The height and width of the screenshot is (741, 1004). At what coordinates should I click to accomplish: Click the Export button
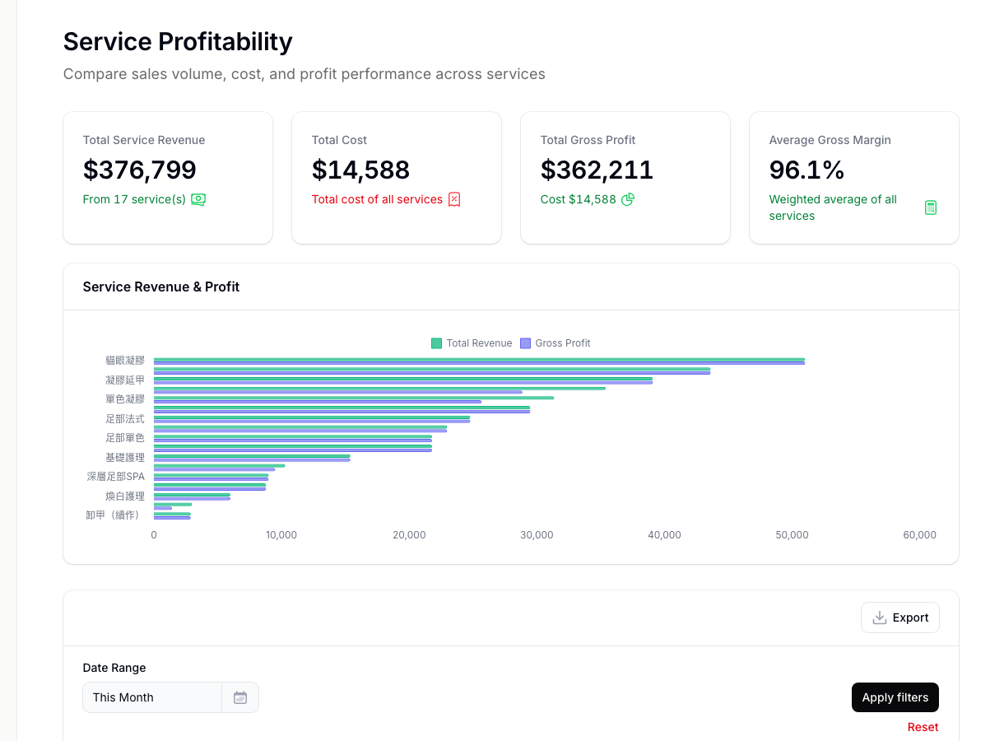pos(899,617)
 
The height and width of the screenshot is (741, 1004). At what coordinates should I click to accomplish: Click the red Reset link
pos(923,727)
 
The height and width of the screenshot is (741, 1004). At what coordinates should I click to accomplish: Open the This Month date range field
pos(152,697)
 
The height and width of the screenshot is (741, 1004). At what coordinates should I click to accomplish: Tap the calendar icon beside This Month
pos(240,697)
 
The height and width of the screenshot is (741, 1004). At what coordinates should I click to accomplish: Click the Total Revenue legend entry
pos(472,343)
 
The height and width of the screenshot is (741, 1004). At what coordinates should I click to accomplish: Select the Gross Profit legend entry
pos(555,343)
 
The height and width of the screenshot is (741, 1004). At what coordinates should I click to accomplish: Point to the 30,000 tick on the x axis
pos(537,535)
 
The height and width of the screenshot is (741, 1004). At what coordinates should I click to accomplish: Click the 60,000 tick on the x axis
pos(919,535)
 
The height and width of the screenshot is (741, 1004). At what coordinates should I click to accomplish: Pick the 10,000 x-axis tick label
pos(281,535)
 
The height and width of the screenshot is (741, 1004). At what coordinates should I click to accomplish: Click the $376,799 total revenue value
pos(140,170)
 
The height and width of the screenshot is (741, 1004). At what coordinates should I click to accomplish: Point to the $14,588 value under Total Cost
pos(360,170)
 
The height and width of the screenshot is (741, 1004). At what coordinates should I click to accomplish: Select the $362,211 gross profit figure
pos(597,170)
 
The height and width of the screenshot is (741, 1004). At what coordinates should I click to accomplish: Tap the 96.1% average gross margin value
pos(806,170)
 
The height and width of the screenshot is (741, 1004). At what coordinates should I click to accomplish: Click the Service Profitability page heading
pos(178,41)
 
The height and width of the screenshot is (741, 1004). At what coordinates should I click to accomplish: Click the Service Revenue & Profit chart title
pos(161,287)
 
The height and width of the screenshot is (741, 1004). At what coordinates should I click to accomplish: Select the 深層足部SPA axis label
pos(115,477)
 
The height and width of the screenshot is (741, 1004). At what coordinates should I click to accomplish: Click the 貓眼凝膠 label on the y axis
pos(124,361)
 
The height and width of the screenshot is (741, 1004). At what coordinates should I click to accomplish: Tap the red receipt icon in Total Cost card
pos(454,199)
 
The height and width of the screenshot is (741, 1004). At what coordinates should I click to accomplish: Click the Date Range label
pos(114,668)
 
